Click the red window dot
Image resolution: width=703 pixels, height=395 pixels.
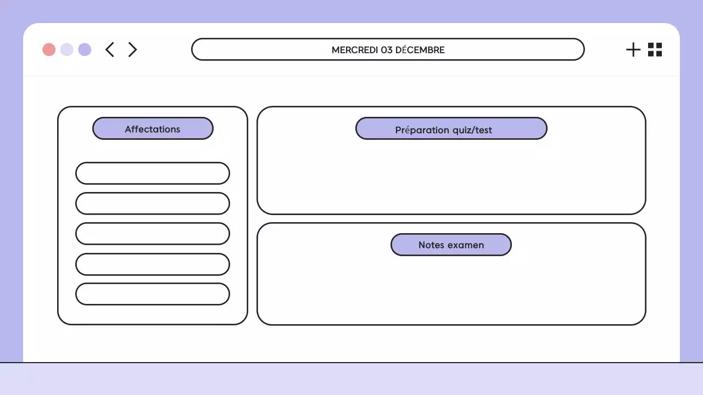49,49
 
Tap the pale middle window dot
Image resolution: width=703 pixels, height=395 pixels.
67,49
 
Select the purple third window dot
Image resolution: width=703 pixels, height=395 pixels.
85,49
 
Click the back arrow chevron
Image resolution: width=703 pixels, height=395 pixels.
110,49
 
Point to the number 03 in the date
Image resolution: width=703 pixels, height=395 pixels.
387,50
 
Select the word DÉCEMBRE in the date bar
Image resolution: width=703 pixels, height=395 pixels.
420,50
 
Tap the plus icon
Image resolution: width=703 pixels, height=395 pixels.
633,49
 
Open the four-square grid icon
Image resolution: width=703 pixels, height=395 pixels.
655,49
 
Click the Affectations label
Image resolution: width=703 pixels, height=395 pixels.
153,129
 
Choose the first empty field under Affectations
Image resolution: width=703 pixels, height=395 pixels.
153,173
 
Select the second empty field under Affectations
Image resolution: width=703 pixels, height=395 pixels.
153,204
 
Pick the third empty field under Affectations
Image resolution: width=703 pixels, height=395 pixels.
153,234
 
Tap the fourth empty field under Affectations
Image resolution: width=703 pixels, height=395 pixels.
153,264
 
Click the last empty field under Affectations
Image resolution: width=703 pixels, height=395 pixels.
153,294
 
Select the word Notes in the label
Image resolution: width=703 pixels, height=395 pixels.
431,245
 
